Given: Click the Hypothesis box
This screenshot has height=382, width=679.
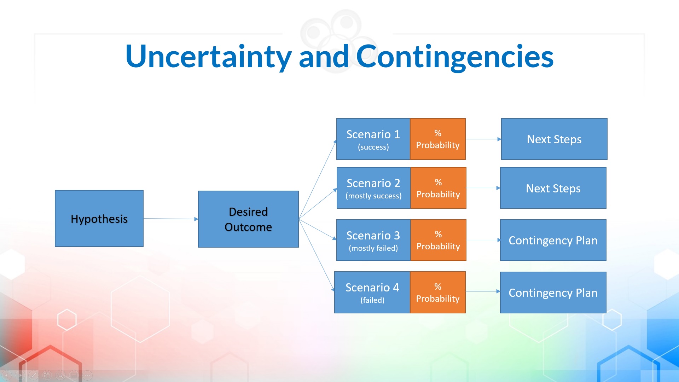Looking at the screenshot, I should point(99,219).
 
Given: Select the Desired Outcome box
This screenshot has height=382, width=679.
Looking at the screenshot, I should point(248,219).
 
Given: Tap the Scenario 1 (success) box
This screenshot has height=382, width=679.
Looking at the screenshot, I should point(373,139).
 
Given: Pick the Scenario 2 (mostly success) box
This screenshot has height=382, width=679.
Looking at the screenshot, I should point(373,188).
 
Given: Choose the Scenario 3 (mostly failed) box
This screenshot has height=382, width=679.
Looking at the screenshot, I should point(373,241).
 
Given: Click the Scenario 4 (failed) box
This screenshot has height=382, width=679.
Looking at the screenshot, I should point(372,293).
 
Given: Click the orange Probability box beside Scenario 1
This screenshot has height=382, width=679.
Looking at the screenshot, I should point(438,139).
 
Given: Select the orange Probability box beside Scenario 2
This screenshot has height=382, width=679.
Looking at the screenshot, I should point(438,188).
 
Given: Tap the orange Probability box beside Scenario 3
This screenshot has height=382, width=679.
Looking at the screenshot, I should point(438,241).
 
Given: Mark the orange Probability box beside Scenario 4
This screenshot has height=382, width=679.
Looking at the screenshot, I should point(438,293).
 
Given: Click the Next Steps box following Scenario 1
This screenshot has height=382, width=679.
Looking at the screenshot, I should point(554,139).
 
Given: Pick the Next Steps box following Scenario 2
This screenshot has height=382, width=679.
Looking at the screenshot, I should point(553,188).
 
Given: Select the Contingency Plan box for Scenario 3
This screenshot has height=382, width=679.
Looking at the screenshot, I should point(553,241).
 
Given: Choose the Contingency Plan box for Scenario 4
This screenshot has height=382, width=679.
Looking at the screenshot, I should point(553,293).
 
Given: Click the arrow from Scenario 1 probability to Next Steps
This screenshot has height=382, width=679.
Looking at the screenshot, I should point(483,139).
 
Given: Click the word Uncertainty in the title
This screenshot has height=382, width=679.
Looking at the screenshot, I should point(209,57).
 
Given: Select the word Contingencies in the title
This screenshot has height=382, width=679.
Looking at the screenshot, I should point(454,57).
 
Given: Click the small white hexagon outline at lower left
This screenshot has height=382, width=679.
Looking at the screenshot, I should point(67,320).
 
